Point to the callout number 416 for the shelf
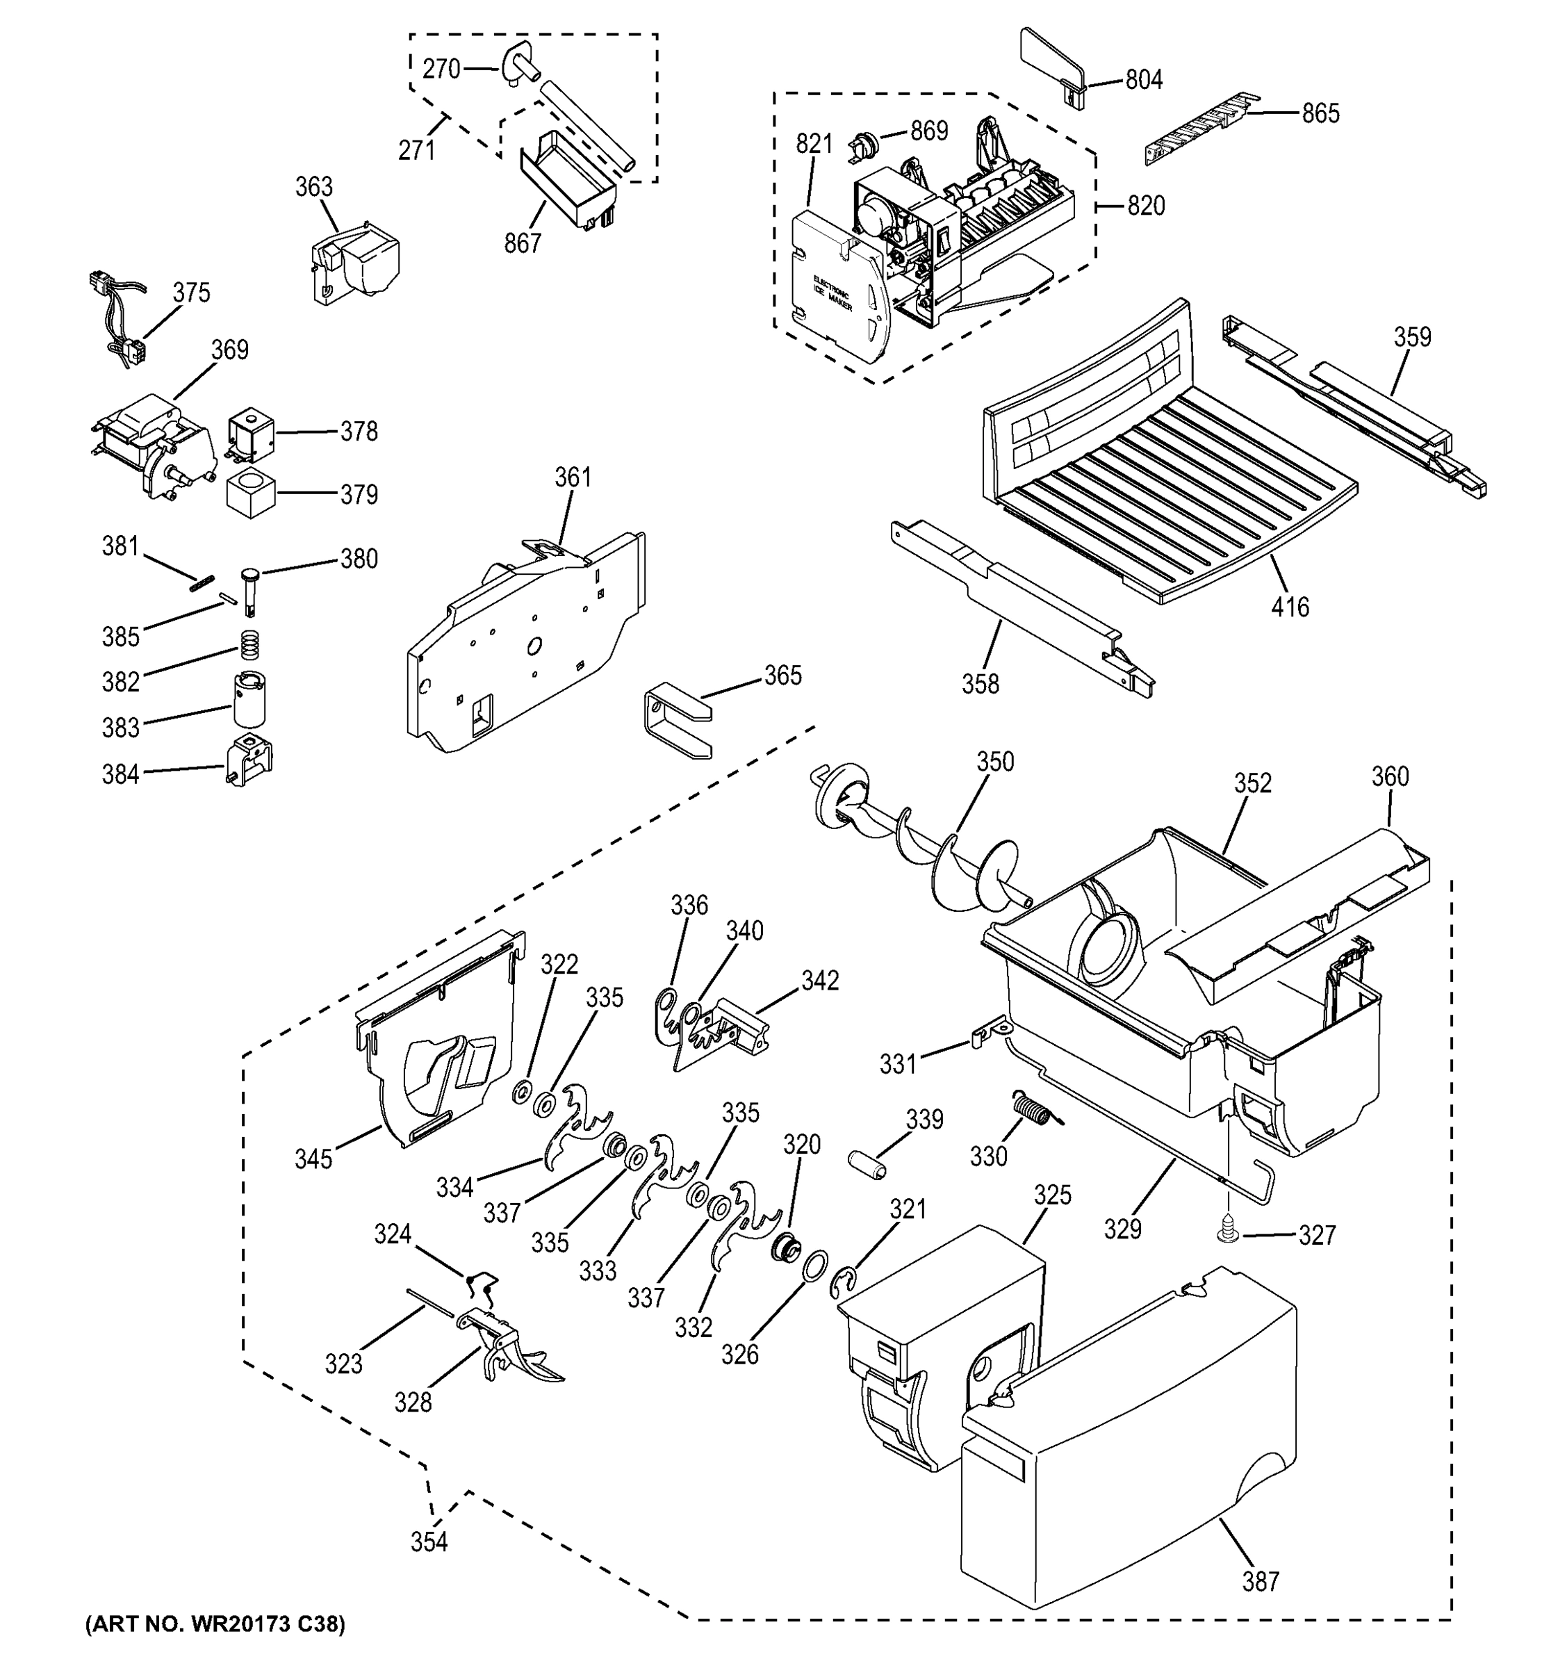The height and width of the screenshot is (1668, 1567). tap(1289, 607)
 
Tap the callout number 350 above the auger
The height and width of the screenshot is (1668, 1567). tap(995, 762)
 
